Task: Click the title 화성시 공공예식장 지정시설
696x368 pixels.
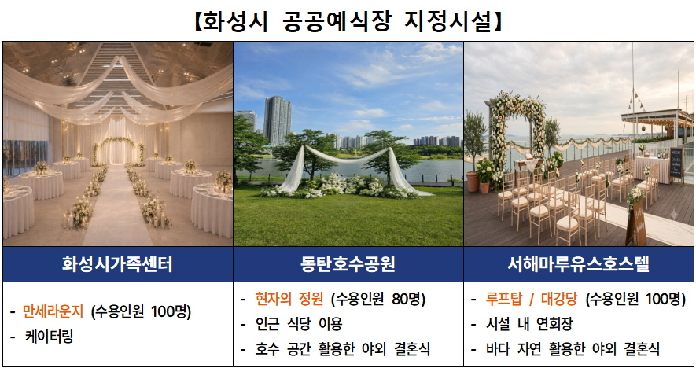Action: (348, 21)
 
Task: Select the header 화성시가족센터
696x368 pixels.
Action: (118, 264)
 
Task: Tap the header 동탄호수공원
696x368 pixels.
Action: (348, 264)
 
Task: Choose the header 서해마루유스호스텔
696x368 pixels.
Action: (578, 264)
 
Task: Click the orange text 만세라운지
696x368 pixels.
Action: (53, 312)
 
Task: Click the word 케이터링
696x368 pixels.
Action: (50, 337)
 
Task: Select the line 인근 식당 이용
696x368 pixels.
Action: (298, 324)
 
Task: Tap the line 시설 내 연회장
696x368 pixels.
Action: (529, 324)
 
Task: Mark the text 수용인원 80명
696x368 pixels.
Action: (378, 300)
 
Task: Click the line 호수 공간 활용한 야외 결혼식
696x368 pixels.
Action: (342, 349)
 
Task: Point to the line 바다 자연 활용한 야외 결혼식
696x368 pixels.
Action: (573, 349)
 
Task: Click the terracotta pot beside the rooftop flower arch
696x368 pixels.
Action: (473, 182)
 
